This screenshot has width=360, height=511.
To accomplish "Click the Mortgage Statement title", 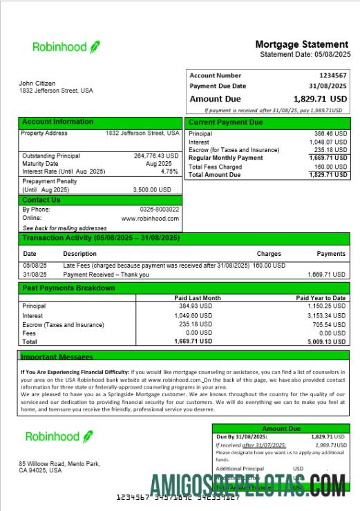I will tap(303, 44).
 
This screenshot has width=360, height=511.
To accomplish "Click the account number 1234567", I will tap(332, 75).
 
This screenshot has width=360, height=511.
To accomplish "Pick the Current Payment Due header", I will tap(226, 122).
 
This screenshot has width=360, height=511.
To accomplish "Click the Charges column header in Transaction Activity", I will tap(269, 254).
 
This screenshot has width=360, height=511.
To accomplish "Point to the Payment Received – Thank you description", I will tap(105, 275).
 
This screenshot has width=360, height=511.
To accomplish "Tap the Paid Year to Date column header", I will tap(321, 298).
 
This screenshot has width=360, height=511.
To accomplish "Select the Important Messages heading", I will tap(57, 357).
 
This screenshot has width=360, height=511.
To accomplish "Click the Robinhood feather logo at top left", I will tap(95, 47).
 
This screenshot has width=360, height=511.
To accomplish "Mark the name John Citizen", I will tap(38, 84).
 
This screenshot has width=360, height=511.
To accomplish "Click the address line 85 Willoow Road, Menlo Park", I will tap(59, 463).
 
